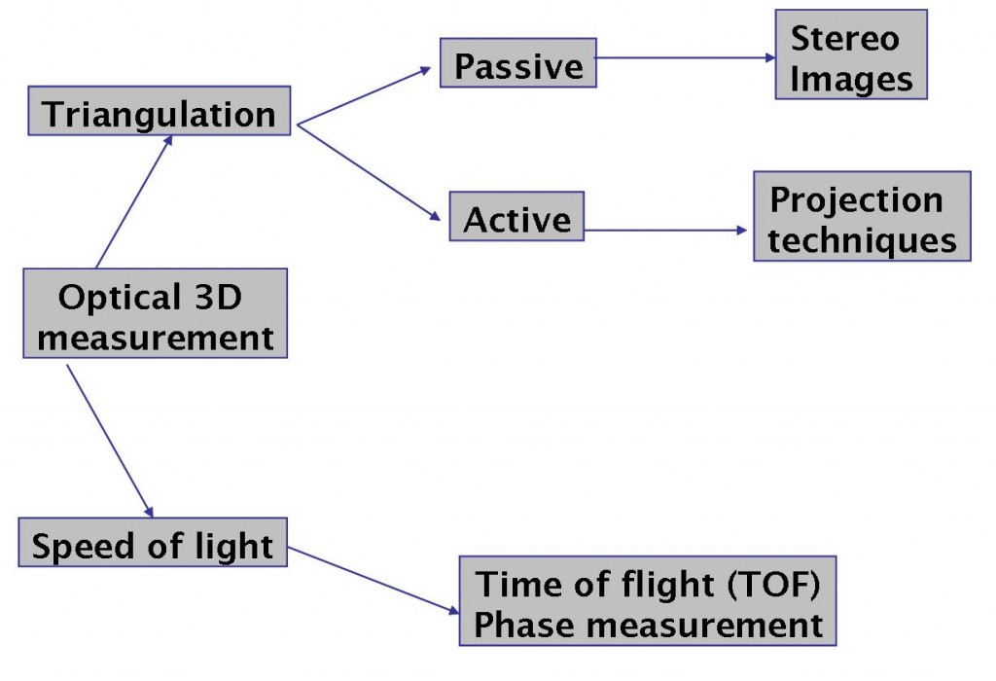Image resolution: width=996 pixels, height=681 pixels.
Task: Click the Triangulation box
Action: click(160, 111)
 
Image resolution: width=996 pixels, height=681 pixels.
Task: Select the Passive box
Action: click(518, 63)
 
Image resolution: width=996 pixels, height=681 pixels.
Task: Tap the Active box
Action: click(516, 216)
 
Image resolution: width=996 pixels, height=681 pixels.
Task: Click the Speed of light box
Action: click(153, 542)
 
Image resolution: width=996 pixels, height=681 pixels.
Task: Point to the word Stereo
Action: click(845, 38)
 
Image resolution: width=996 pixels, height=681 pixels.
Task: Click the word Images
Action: click(851, 80)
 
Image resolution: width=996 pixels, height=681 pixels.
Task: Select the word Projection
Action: click(856, 200)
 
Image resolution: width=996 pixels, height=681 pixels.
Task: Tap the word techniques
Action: click(862, 240)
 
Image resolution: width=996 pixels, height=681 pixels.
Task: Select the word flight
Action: click(667, 585)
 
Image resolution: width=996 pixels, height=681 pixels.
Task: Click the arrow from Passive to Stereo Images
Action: click(686, 57)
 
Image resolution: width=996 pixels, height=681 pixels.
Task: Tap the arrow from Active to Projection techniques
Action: click(665, 230)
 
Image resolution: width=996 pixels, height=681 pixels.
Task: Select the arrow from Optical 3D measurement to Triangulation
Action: click(134, 201)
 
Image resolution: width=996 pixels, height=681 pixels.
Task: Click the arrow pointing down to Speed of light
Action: click(110, 441)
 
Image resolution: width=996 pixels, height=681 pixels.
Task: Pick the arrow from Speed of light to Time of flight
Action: click(373, 581)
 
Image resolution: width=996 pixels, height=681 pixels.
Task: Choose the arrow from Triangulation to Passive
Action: click(364, 96)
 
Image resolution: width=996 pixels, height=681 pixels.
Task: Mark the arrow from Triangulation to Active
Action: click(369, 172)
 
